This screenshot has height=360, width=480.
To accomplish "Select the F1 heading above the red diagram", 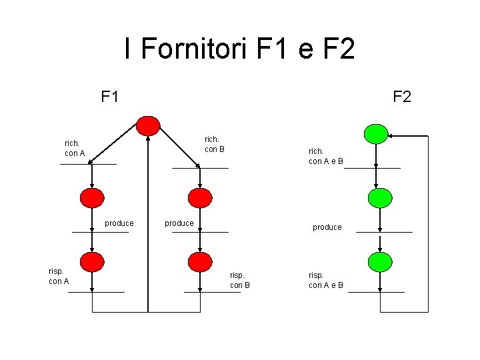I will (x=110, y=97).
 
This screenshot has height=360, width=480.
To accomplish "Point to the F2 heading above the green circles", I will (x=401, y=97).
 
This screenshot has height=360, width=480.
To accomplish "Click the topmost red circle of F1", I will (x=148, y=126).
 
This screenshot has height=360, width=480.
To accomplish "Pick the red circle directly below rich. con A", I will (x=92, y=197).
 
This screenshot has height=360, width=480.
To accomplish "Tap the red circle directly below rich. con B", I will (x=199, y=197).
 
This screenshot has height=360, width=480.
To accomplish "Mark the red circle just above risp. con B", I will (x=199, y=261).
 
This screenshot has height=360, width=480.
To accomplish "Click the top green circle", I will (x=376, y=134).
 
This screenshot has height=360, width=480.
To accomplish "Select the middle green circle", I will (x=379, y=197).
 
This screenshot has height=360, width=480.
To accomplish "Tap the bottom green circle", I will (x=379, y=261).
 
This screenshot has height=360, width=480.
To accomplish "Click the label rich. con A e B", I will (x=325, y=156).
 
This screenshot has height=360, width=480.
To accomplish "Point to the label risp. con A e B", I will (x=325, y=280).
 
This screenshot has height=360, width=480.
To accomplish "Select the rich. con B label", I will (x=214, y=144).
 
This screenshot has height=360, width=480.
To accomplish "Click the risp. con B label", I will (x=239, y=280).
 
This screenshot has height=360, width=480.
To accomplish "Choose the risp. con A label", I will (x=59, y=276).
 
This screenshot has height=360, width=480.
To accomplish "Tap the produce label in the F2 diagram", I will (x=327, y=227).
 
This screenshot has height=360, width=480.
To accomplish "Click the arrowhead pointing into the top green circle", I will (x=391, y=135).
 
